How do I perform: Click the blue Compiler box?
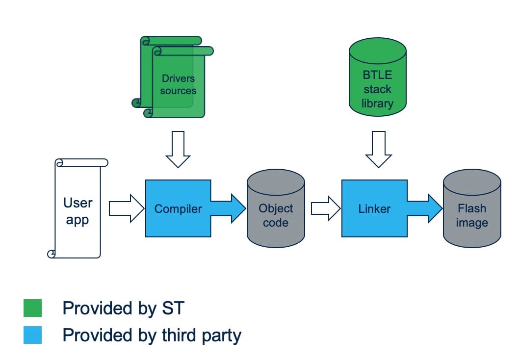[178, 208]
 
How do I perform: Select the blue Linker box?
[374, 208]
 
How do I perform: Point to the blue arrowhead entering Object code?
[237, 208]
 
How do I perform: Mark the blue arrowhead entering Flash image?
[434, 208]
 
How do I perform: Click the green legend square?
[33, 309]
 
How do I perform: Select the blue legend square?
[33, 335]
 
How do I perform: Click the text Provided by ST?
[123, 309]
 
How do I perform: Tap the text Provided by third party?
[152, 335]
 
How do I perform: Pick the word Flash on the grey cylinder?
[472, 208]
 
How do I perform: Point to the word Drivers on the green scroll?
[178, 78]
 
